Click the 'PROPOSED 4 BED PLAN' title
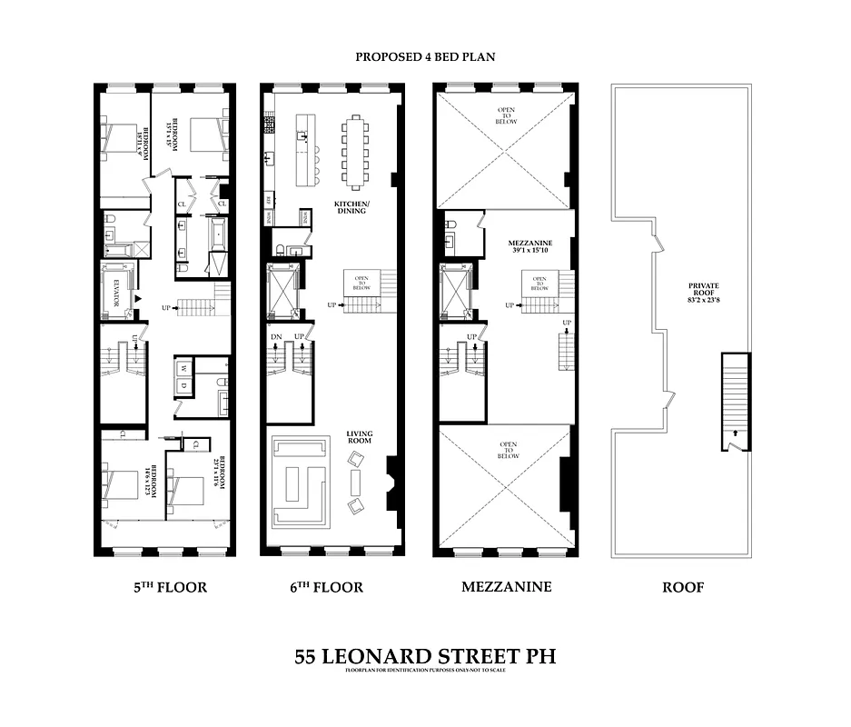(424, 56)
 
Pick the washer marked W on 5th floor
(183, 369)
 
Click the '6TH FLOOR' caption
(322, 587)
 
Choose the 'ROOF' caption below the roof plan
(681, 587)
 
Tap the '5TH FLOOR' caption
(170, 587)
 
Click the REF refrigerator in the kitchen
(269, 199)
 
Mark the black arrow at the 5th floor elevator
(139, 298)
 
